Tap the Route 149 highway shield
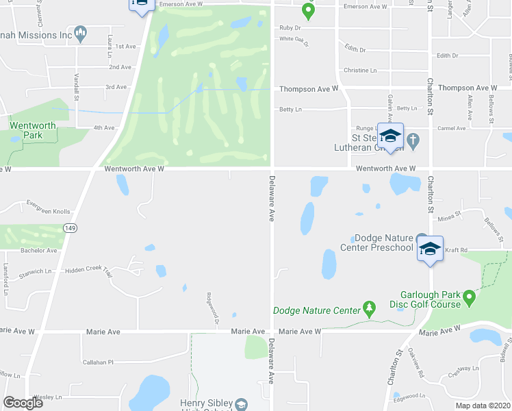click(68, 226)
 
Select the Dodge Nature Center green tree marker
click(370, 308)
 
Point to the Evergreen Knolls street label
click(48, 203)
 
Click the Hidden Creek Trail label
click(88, 271)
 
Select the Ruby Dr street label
click(290, 28)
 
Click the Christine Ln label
click(360, 71)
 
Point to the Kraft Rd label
click(456, 251)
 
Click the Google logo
click(23, 402)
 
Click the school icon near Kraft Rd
click(430, 248)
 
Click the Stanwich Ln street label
click(35, 271)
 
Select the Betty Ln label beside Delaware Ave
click(290, 109)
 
